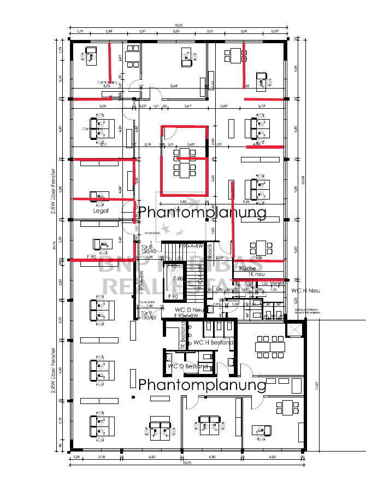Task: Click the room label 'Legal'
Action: [101, 210]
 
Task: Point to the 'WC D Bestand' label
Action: [188, 366]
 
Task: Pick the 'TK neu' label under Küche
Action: [247, 275]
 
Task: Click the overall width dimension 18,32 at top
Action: [178, 26]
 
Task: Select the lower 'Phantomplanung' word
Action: [202, 384]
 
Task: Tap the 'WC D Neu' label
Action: [190, 310]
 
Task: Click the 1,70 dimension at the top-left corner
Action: [80, 32]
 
